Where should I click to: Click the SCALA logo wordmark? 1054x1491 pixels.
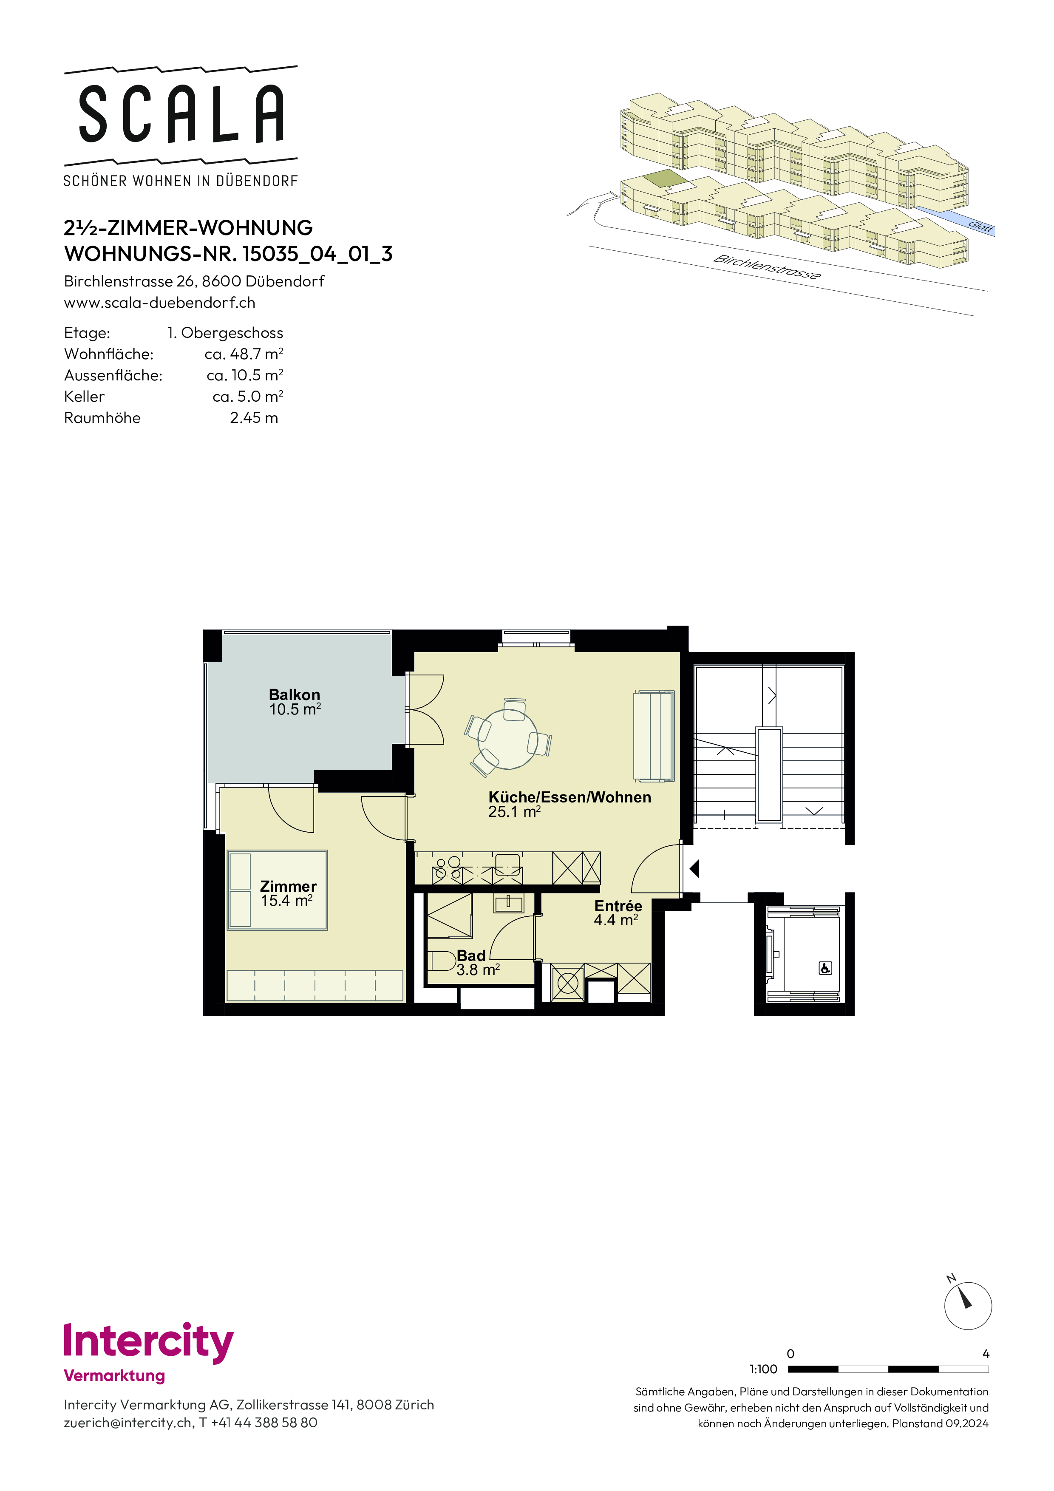181,114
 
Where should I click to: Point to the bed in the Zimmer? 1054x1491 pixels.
277,890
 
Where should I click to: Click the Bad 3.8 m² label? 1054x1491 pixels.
478,962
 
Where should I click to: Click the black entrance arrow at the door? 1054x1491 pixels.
694,868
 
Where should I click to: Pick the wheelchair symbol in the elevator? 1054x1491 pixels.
825,968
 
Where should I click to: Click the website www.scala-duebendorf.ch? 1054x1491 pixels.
160,303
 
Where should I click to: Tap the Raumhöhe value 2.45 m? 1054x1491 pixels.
254,417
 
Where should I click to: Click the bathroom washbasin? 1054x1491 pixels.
508,903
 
